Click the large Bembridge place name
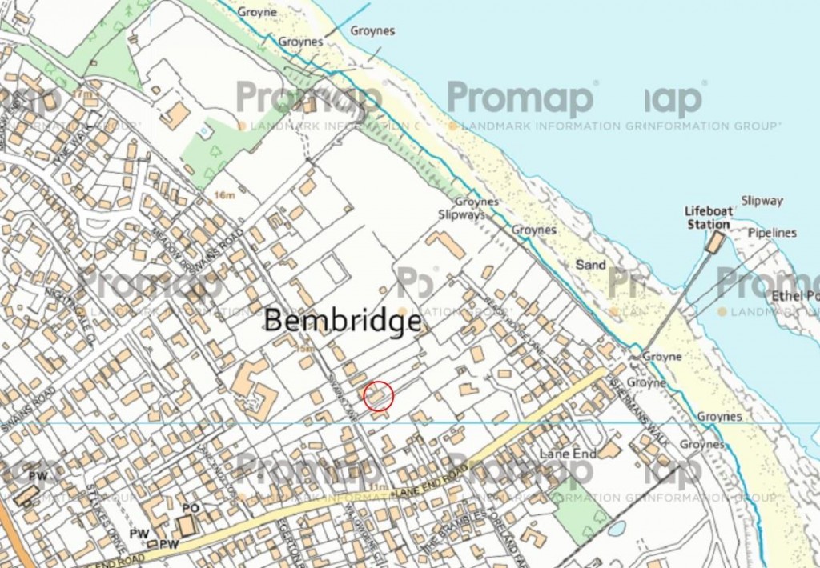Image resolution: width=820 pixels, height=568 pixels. tap(342, 322)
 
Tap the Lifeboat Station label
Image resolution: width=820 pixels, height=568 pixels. tap(707, 218)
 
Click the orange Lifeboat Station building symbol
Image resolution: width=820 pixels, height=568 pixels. tap(715, 242)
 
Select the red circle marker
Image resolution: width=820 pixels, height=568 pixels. tap(379, 396)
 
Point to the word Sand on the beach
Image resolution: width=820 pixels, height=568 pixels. tap(591, 264)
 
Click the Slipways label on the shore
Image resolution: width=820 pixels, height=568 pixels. tap(462, 214)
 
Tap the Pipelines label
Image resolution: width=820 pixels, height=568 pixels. tap(772, 233)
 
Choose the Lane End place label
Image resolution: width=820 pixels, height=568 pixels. tap(568, 454)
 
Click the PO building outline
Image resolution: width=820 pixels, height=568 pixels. tap(187, 525)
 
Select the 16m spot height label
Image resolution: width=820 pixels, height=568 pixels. tap(225, 194)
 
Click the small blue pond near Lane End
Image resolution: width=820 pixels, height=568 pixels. tap(617, 529)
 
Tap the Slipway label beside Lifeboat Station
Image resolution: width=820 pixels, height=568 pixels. tap(761, 201)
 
